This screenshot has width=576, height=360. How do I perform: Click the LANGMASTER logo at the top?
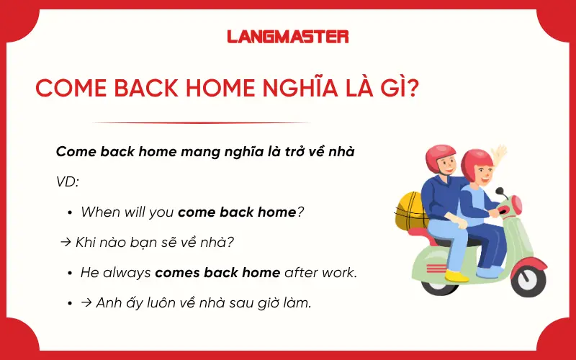point(287,36)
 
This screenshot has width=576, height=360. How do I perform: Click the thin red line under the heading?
point(202,123)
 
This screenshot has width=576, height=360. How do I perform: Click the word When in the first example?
point(101,212)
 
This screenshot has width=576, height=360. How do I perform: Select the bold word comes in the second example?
point(177,273)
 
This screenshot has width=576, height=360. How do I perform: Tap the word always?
point(127,273)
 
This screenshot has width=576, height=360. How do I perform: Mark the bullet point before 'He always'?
point(70,274)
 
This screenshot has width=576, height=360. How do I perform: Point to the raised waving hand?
point(498,156)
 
